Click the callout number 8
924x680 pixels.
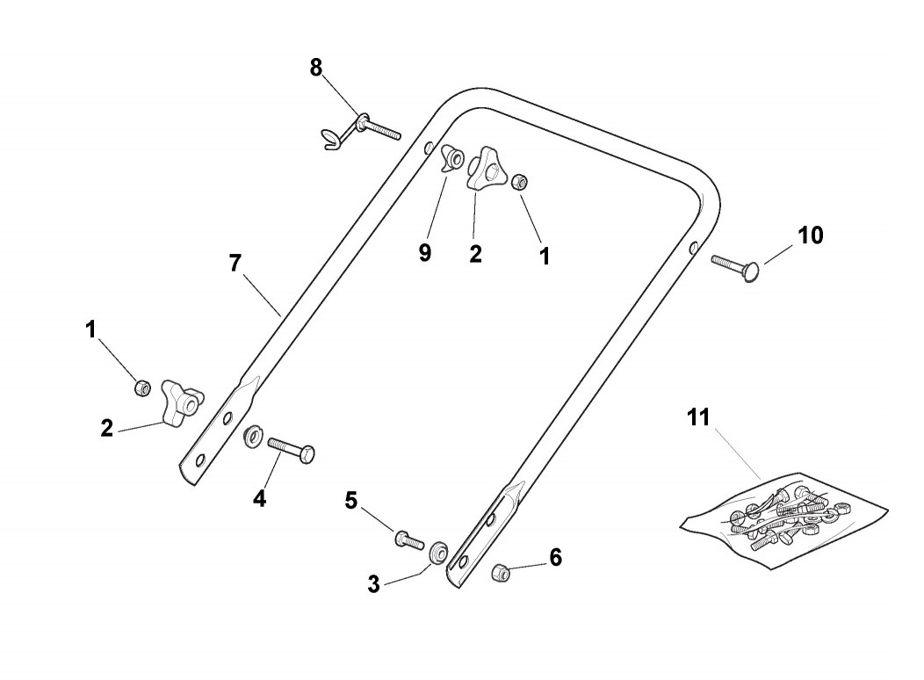pyautogui.click(x=316, y=68)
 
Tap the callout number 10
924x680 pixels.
pyautogui.click(x=811, y=235)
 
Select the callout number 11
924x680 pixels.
pyautogui.click(x=698, y=417)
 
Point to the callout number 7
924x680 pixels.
pyautogui.click(x=235, y=263)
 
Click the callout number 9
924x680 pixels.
pyautogui.click(x=425, y=253)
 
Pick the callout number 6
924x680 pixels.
pyautogui.click(x=555, y=557)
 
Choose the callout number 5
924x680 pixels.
pyautogui.click(x=351, y=501)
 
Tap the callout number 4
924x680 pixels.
pyautogui.click(x=259, y=498)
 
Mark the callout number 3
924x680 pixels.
pyautogui.click(x=374, y=583)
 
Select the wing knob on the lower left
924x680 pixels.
pyautogui.click(x=179, y=401)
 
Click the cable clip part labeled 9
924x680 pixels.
pyautogui.click(x=454, y=158)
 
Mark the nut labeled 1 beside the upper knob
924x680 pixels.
pyautogui.click(x=519, y=181)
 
